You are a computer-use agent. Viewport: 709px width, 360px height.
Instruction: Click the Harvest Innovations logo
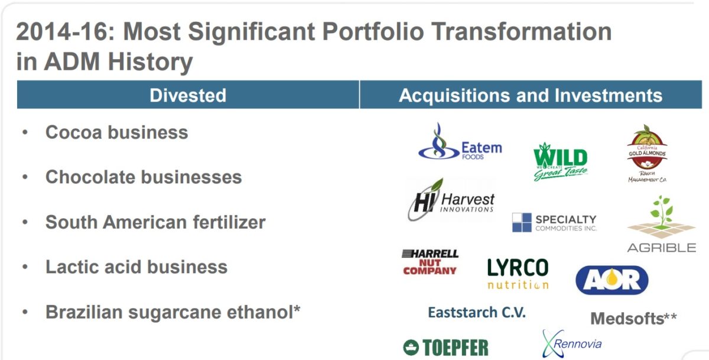pos(451,200)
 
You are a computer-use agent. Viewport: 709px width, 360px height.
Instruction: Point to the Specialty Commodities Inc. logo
pos(554,222)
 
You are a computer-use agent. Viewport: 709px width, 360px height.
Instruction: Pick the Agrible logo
pos(661,225)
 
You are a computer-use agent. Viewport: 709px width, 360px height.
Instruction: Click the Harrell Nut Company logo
pos(430,262)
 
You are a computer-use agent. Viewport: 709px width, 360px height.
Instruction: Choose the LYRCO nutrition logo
pos(518,273)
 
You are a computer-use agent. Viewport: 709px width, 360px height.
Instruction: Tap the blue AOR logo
pos(612,280)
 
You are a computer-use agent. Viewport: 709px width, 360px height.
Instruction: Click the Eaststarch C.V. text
pos(476,312)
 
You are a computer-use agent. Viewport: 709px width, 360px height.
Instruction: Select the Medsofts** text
pos(633,319)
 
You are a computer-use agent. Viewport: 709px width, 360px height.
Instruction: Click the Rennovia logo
pos(571,343)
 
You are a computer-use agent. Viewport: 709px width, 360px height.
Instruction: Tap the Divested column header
pos(188,95)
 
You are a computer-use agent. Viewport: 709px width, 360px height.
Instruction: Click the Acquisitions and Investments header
pos(531,95)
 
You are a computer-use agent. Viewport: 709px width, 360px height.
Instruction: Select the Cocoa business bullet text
pos(116,132)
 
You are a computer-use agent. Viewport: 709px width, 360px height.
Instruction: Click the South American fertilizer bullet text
pos(155,222)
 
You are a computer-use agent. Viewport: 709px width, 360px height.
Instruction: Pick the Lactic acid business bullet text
pos(136,267)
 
